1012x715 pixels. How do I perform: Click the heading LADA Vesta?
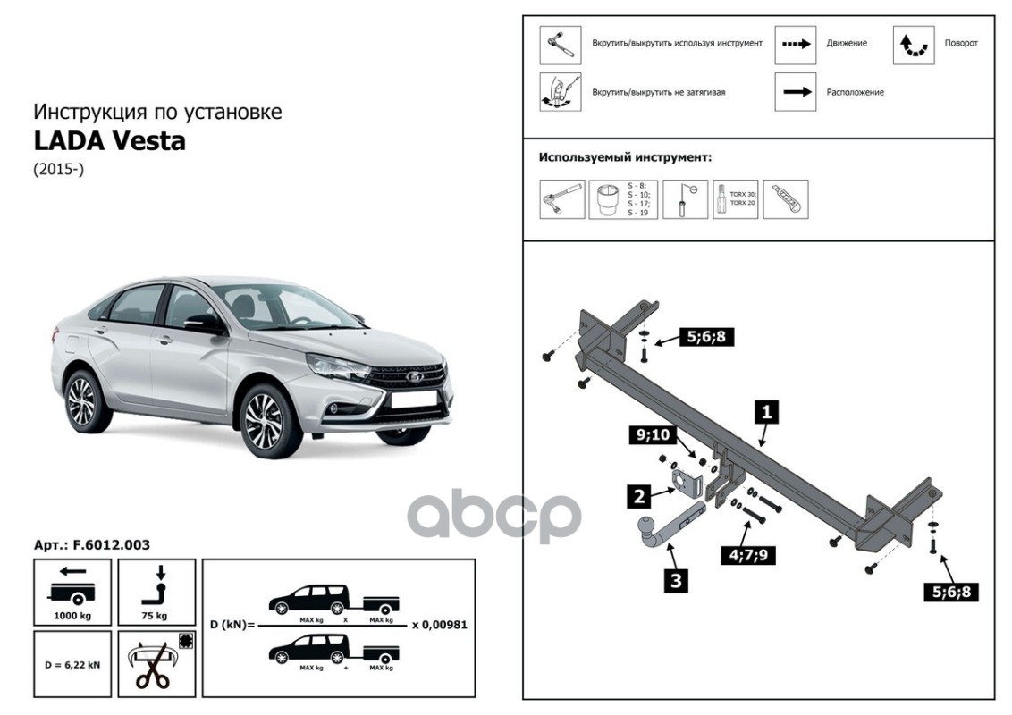click(109, 141)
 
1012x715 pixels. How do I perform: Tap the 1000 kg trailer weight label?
click(72, 617)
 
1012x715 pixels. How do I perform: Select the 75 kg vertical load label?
click(154, 617)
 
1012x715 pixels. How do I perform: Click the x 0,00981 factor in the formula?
click(439, 625)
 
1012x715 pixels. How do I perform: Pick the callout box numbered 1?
click(765, 412)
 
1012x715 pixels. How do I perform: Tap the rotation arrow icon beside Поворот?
click(913, 44)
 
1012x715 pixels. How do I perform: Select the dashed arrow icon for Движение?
click(795, 44)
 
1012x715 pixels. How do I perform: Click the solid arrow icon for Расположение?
click(795, 92)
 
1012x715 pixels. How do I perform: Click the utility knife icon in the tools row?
click(789, 198)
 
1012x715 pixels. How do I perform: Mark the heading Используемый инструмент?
click(625, 157)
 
